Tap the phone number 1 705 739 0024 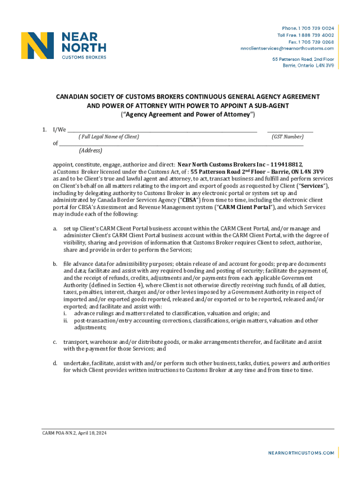[x=313, y=29]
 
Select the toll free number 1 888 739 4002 [x=313, y=35]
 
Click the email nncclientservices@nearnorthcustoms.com [x=287, y=48]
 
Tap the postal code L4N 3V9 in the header [x=324, y=65]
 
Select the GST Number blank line [x=290, y=131]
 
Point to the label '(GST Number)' [x=288, y=137]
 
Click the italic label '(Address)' [x=91, y=151]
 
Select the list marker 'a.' [x=55, y=228]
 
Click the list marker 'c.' [x=55, y=342]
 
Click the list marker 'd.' [x=55, y=363]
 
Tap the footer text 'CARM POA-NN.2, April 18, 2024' [x=72, y=434]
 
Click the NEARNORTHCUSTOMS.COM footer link [x=301, y=453]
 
